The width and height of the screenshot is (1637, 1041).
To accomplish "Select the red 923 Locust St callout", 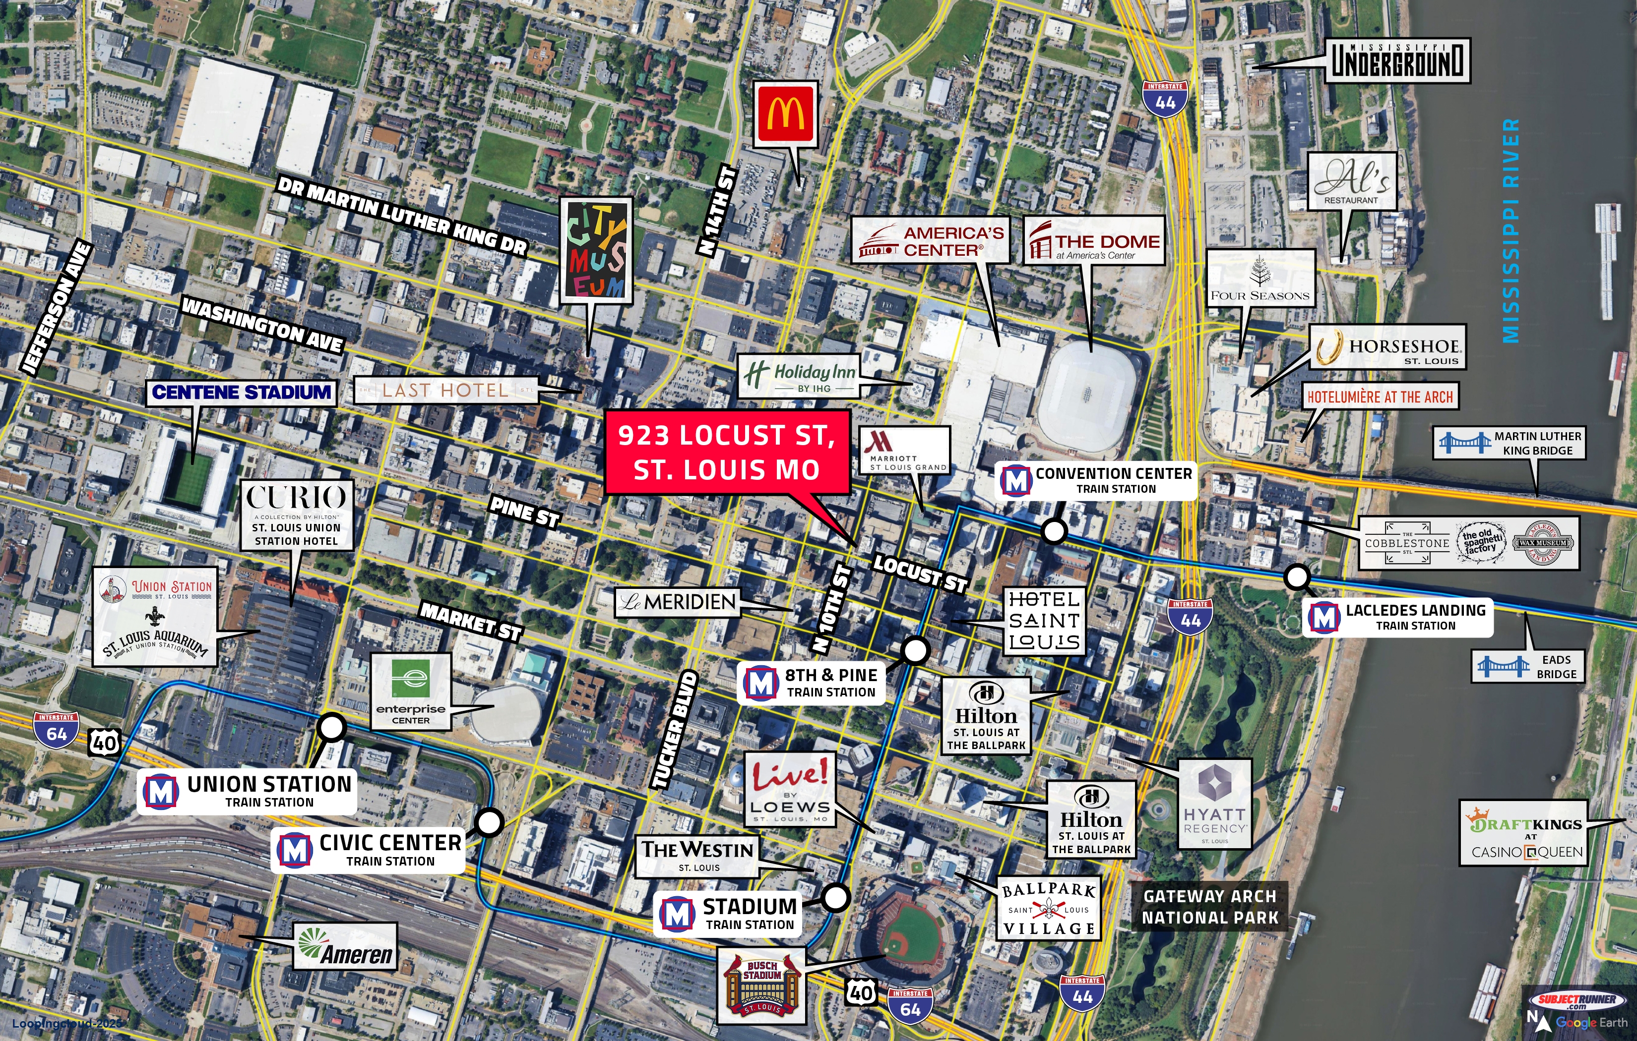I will coord(727,452).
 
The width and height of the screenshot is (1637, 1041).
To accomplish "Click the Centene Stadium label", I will coord(242,393).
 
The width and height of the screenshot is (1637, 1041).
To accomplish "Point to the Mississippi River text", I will coord(1511,231).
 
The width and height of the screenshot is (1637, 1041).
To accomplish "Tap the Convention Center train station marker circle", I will coord(1054,531).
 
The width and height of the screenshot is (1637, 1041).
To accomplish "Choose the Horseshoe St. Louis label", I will coord(1387,347).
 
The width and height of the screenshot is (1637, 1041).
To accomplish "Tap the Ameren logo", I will coord(345,946).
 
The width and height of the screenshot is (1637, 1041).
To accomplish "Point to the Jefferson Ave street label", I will coord(57,307).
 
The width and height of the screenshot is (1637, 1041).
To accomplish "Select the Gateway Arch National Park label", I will coord(1210,907).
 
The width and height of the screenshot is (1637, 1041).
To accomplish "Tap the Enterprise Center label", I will coord(411,692).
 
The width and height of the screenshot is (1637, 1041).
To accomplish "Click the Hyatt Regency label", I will coord(1214,805).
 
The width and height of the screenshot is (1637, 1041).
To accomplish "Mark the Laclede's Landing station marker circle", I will coord(1297,577).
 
